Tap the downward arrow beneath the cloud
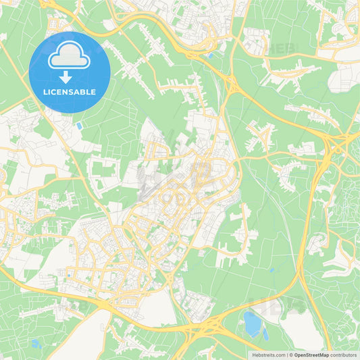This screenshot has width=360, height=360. click(x=70, y=77)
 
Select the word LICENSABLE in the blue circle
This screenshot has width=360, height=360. click(x=70, y=92)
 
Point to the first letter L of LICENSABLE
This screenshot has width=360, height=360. click(x=45, y=92)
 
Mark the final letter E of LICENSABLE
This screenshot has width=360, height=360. click(x=94, y=92)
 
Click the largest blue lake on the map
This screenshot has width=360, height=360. click(x=253, y=324)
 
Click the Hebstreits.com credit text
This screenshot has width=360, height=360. click(x=267, y=355)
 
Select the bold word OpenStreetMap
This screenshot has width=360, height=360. click(x=311, y=355)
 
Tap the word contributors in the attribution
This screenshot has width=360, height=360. click(x=344, y=355)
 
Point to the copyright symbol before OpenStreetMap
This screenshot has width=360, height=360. click(x=290, y=355)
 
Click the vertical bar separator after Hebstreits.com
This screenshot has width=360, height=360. click(x=286, y=355)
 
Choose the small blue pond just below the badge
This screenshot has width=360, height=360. click(x=80, y=126)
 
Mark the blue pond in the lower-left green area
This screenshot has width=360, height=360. click(x=35, y=344)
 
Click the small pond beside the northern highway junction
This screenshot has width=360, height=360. click(x=211, y=56)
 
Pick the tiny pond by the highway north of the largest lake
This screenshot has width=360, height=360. click(x=271, y=270)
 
